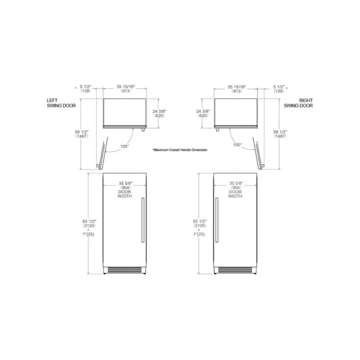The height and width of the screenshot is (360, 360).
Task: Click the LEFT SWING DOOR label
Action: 57,102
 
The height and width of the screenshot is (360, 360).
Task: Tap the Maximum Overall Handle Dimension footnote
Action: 179,150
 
